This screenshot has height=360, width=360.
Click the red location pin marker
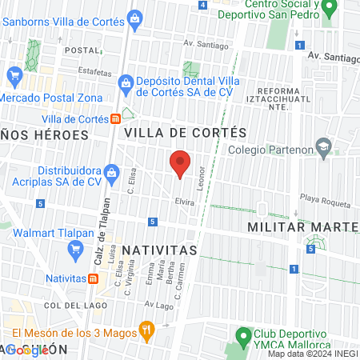tap(180, 163)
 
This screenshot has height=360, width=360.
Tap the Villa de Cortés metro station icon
tap(117, 119)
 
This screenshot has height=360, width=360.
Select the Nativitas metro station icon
tap(94, 278)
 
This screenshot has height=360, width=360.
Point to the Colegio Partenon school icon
tap(323, 147)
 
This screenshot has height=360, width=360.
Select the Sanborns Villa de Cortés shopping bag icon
tap(134, 18)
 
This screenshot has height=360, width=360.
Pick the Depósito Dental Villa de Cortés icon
tap(126, 82)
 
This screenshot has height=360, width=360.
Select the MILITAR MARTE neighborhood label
tap(302, 227)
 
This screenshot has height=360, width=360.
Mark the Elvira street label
tap(185, 202)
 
